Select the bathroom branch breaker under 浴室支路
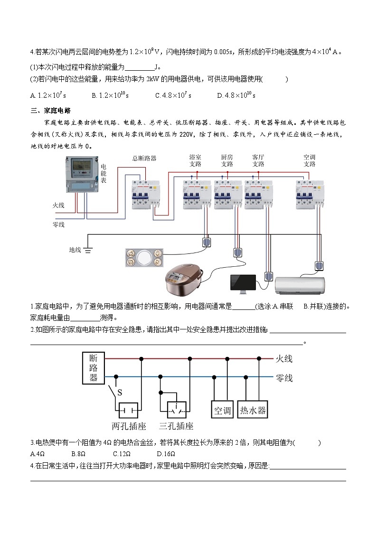click(x=197, y=194)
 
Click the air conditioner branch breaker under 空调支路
click(x=310, y=194)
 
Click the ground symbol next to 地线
click(x=88, y=250)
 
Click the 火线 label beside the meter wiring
click(x=58, y=206)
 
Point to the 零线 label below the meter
click(x=58, y=224)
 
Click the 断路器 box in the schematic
click(x=94, y=368)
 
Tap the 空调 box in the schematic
click(x=222, y=410)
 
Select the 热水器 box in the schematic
click(x=253, y=410)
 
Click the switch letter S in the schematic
click(x=120, y=393)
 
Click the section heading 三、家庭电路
click(x=50, y=111)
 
